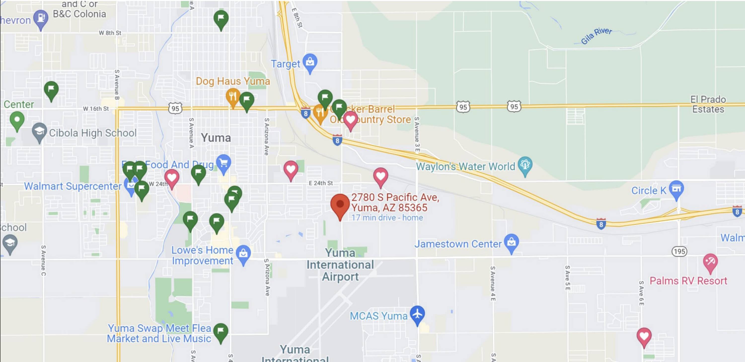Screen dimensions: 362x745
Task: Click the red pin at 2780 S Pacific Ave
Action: [x=340, y=204]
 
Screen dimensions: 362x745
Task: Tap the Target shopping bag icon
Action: [x=310, y=62]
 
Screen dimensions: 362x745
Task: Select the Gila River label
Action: [x=596, y=36]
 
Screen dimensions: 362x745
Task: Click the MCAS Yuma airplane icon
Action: [x=417, y=314]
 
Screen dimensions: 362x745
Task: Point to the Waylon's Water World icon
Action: [x=525, y=165]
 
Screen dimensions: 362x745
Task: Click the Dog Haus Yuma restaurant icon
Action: [x=232, y=96]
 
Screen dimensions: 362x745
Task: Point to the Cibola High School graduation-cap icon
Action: [x=39, y=131]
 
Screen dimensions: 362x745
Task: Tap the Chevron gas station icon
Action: [x=41, y=18]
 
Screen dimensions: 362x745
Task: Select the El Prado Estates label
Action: [x=708, y=104]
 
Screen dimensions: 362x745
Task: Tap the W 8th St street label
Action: [x=110, y=33]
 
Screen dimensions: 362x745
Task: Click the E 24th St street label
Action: [x=321, y=183]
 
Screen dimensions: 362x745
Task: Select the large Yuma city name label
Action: [x=216, y=138]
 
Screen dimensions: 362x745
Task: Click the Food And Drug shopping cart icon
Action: [x=223, y=163]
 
